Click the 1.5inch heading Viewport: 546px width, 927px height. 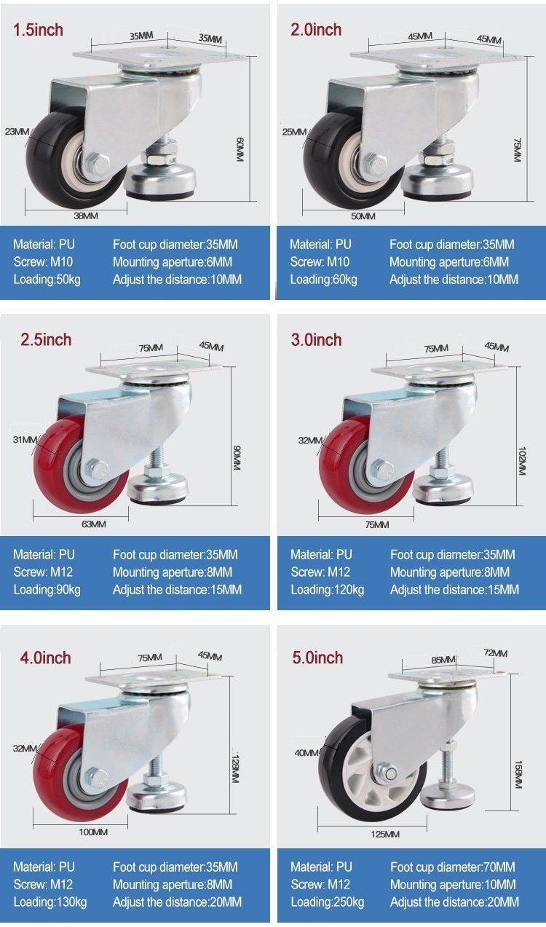tap(38, 30)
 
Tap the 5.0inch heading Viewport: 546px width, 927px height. tap(317, 658)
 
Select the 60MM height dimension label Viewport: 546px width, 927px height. tap(240, 149)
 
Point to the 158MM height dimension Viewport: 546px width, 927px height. tap(518, 774)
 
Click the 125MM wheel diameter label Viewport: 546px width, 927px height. tap(385, 835)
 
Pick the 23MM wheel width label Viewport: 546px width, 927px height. tap(17, 132)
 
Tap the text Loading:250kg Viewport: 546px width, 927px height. tap(327, 902)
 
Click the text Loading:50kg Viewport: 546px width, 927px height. tap(47, 280)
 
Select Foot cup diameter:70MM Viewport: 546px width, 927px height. tap(453, 867)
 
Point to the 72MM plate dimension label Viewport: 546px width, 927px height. tap(496, 653)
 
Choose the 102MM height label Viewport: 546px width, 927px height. tap(521, 461)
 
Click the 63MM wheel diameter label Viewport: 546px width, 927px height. tap(93, 524)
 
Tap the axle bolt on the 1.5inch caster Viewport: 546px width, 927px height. tap(98, 163)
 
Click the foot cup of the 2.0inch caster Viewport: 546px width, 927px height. tap(438, 182)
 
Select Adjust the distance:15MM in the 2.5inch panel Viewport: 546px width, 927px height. tap(177, 589)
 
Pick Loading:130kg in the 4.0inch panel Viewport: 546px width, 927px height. tap(50, 902)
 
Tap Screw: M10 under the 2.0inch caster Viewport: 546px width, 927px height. tap(320, 261)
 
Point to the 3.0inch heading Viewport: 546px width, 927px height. tap(317, 340)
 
